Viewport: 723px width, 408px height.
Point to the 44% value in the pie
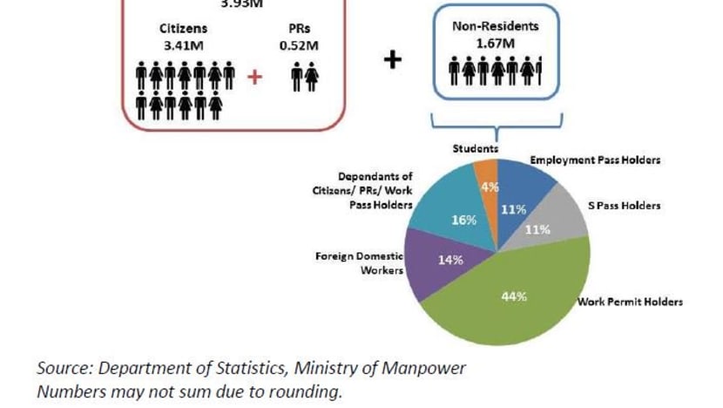514,296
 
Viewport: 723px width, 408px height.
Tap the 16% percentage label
463,220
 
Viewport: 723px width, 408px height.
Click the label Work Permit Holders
630,302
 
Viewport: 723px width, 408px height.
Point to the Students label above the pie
475,148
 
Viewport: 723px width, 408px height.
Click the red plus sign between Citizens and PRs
254,77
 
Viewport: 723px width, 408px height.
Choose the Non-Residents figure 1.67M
497,43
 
